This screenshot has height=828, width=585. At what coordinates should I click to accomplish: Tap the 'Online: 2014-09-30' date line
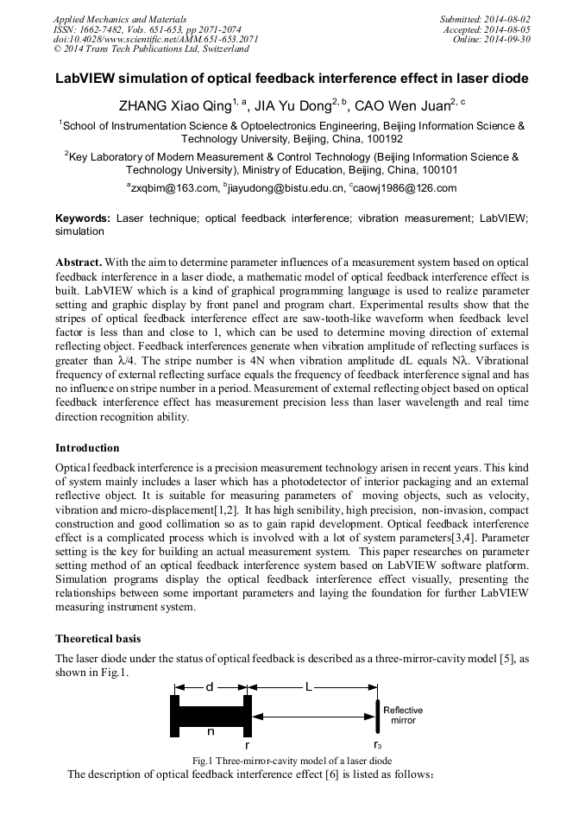tap(489, 39)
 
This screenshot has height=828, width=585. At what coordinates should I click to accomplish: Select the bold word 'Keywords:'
tap(83, 220)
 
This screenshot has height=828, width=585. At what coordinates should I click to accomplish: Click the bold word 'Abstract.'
tap(80, 261)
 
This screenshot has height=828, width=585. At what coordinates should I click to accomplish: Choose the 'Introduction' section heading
tap(87, 448)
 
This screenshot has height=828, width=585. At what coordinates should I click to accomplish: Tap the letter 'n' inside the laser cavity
tap(211, 730)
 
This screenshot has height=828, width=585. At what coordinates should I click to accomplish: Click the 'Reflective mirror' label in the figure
tap(403, 714)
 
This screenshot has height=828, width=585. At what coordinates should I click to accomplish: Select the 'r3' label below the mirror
tap(378, 744)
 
